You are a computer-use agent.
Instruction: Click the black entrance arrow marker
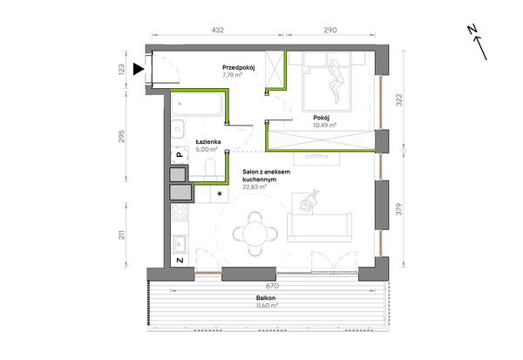[x=138, y=69]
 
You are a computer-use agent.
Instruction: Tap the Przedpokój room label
[x=239, y=67]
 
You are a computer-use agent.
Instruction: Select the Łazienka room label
[x=208, y=142]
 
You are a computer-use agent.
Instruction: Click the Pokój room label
[x=321, y=118]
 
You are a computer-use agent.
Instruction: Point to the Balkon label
[x=266, y=298]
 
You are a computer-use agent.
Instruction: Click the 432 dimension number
[x=217, y=30]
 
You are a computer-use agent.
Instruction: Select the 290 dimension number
[x=330, y=30]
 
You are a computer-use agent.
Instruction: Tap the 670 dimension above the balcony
[x=272, y=286]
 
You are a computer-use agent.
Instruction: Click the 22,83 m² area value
[x=255, y=187]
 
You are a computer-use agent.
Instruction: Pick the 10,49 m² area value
[x=325, y=126]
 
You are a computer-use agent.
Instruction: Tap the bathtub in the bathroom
[x=197, y=104]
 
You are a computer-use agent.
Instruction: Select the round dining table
[x=255, y=234]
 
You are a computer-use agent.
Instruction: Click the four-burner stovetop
[x=180, y=212]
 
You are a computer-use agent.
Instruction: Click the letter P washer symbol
[x=180, y=155]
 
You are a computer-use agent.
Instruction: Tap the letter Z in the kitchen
[x=180, y=261]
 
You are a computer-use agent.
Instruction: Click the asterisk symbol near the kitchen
[x=220, y=194]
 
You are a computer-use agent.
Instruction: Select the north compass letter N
[x=472, y=30]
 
